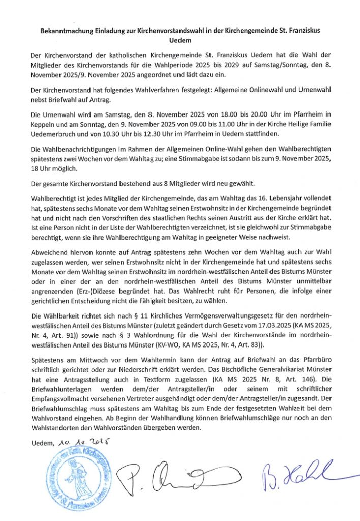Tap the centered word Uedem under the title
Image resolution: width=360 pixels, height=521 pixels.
tap(179, 40)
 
